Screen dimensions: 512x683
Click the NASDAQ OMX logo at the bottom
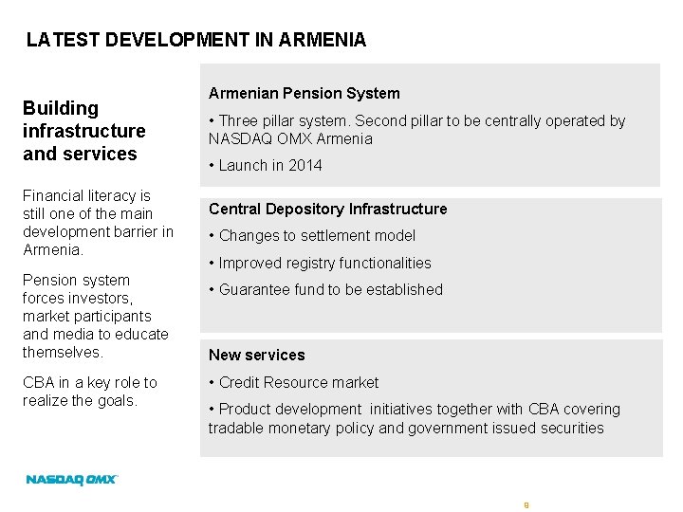[x=72, y=480]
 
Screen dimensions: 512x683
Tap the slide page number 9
[x=526, y=505]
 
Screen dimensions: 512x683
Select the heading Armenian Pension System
[x=304, y=93]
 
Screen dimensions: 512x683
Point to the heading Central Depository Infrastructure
[x=327, y=209]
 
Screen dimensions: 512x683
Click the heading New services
[x=256, y=355]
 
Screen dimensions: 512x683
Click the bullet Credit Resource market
[x=298, y=382]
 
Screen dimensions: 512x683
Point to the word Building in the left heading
[x=61, y=108]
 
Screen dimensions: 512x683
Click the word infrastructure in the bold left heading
[x=84, y=131]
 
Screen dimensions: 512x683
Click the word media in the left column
[x=70, y=334]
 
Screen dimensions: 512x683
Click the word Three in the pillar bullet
[x=239, y=120]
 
